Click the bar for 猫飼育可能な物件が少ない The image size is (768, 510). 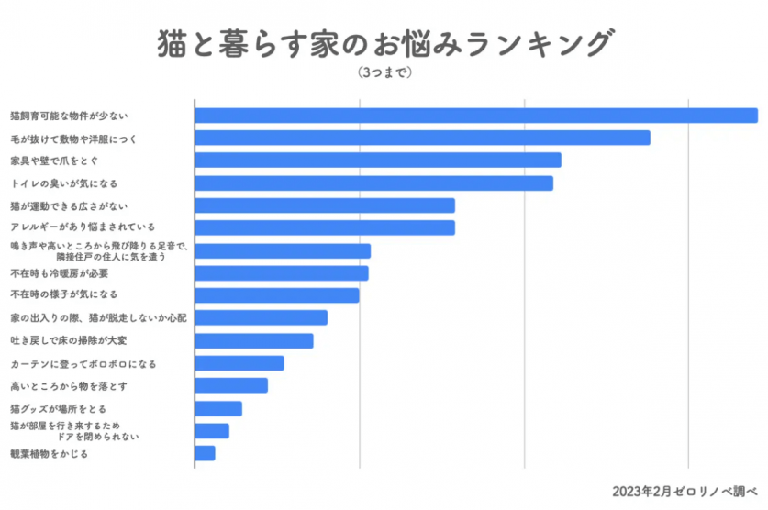(476, 116)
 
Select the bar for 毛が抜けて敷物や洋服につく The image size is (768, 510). (422, 138)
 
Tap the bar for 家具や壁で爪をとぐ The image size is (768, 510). (378, 161)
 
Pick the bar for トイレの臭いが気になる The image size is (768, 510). (373, 183)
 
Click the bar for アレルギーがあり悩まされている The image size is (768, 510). (325, 227)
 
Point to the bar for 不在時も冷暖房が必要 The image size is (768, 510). (282, 273)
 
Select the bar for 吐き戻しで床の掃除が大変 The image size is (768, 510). (254, 341)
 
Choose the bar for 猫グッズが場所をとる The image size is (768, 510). (218, 408)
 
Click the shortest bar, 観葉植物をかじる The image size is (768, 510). (205, 453)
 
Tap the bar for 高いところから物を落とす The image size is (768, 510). (231, 385)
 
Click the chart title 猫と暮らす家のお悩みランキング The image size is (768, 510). (384, 42)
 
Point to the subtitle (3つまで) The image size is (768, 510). (384, 72)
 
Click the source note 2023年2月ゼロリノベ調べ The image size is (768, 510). (685, 490)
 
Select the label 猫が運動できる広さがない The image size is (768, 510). (69, 205)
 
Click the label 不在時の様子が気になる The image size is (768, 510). (63, 295)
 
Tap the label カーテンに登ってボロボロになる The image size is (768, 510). (83, 363)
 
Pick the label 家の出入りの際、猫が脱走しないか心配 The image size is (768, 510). (98, 317)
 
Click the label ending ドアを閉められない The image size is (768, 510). (98, 437)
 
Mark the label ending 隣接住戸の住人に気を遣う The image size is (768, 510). (110, 257)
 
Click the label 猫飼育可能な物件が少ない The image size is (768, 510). (69, 116)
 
